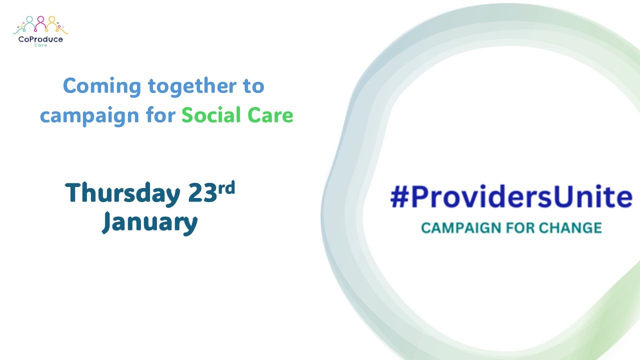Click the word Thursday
[x=122, y=193]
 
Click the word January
[x=150, y=222]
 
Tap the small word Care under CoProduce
[x=41, y=45]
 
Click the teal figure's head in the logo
[x=30, y=19]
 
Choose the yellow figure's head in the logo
[x=51, y=19]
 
